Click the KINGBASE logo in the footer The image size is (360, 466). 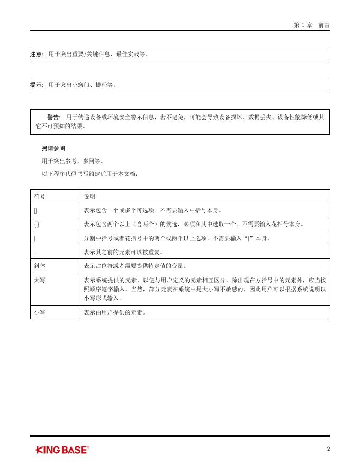62,450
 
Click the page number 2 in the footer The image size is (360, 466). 328,449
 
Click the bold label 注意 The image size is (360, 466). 37,55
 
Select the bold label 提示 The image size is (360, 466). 37,85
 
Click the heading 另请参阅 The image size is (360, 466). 54,149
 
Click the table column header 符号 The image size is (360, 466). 40,196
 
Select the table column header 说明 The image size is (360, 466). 89,196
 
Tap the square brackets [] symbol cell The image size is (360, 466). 35,210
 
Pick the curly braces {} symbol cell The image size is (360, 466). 37,225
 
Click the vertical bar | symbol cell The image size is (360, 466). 35,238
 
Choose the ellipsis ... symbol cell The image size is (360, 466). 37,252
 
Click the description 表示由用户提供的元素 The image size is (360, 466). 114,312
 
